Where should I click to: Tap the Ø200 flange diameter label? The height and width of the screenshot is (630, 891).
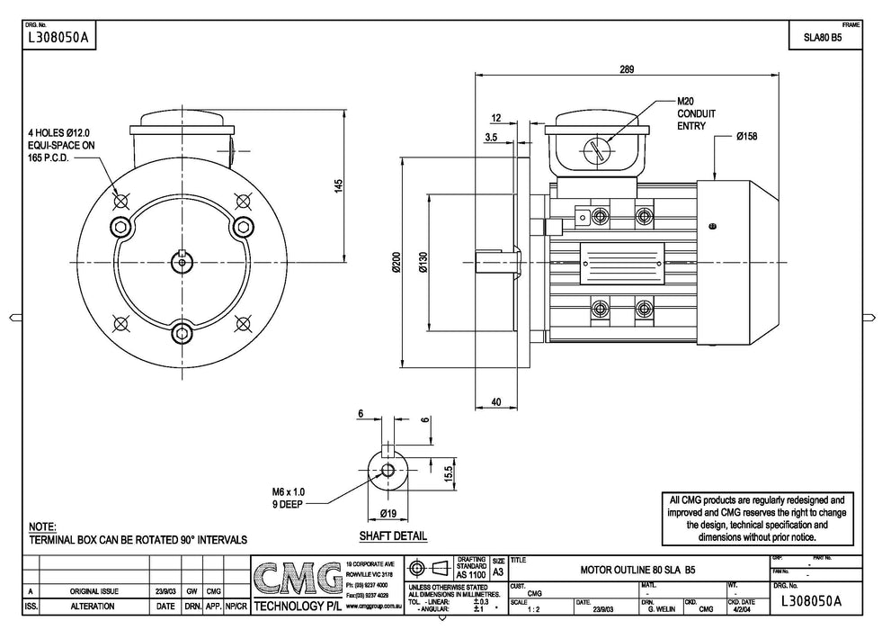pyautogui.click(x=396, y=262)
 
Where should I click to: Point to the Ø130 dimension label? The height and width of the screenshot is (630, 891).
pyautogui.click(x=423, y=262)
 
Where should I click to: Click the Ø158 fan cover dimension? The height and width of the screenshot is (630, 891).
pyautogui.click(x=747, y=136)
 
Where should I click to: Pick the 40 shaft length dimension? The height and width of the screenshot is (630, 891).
pyautogui.click(x=496, y=402)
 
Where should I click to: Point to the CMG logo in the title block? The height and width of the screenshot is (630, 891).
pyautogui.click(x=297, y=581)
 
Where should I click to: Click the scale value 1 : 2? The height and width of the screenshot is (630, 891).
pyautogui.click(x=521, y=608)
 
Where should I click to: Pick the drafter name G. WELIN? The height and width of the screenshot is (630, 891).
pyautogui.click(x=656, y=608)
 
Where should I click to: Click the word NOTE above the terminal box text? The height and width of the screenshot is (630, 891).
pyautogui.click(x=42, y=526)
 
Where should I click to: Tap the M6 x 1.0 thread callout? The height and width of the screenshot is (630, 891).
pyautogui.click(x=290, y=491)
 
